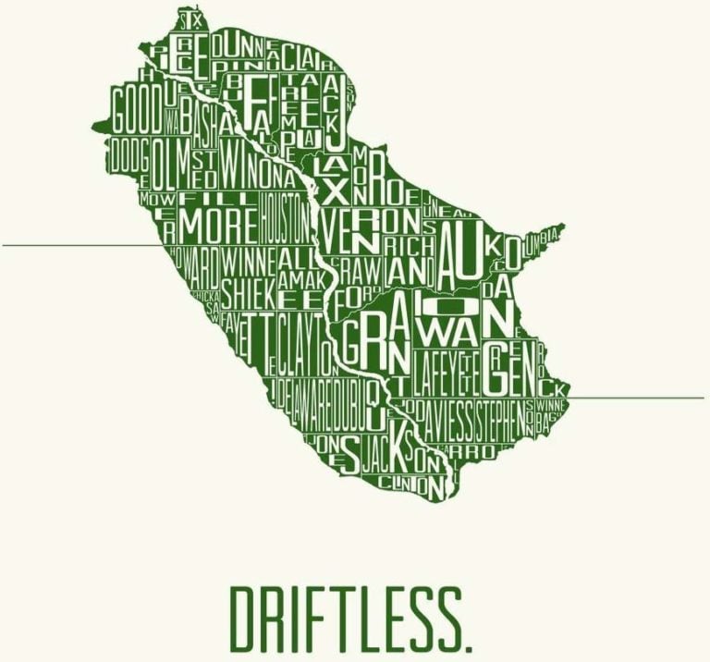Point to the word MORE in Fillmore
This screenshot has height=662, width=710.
(218, 223)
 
